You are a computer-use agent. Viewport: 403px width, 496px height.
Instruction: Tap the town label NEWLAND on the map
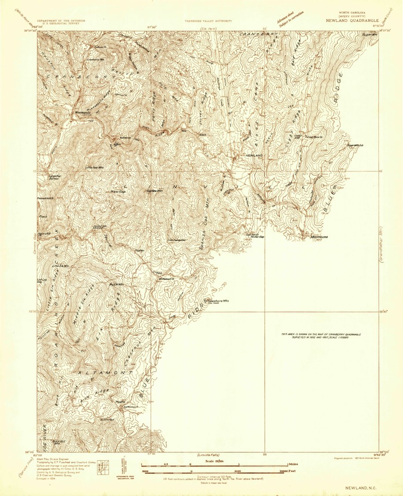point(254,156)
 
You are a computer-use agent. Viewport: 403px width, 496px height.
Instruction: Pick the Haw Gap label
point(116,191)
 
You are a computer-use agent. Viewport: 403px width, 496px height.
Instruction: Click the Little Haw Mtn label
point(95,168)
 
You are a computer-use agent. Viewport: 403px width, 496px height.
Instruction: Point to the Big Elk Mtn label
point(116,284)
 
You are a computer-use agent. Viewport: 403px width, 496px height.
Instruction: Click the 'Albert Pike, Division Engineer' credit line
point(53,459)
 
